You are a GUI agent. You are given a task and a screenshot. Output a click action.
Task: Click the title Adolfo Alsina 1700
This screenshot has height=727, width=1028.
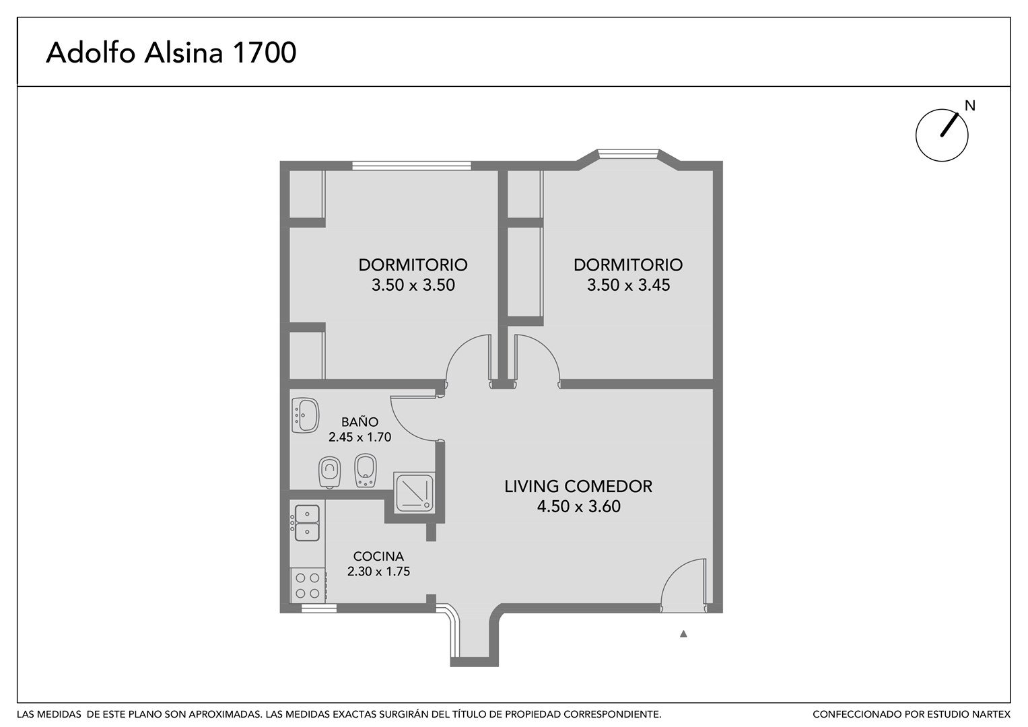tap(171, 53)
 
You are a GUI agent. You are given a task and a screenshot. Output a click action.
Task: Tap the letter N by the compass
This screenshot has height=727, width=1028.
tap(969, 106)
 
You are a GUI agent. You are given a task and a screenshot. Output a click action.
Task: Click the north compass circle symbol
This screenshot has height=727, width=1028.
tap(942, 135)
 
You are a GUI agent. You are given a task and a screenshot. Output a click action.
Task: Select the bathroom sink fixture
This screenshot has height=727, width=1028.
tap(306, 415)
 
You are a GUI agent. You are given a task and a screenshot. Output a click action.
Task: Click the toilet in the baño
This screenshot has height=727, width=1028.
tap(329, 473)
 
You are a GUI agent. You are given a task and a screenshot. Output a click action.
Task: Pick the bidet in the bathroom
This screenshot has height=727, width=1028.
tap(366, 471)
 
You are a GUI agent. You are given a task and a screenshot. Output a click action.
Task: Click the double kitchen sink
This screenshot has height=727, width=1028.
tap(306, 523)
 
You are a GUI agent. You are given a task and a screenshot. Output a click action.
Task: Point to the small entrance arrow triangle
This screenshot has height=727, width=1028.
tap(683, 634)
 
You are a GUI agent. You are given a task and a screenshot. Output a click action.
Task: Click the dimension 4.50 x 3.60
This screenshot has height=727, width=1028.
tap(579, 506)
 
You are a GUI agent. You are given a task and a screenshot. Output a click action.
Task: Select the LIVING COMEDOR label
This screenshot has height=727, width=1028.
tap(578, 486)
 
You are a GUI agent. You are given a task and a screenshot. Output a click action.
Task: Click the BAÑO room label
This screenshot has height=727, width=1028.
tap(359, 421)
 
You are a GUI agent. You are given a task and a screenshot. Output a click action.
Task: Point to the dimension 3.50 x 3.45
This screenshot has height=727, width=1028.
tap(628, 285)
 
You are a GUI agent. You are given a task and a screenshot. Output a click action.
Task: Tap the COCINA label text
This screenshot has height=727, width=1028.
tap(378, 556)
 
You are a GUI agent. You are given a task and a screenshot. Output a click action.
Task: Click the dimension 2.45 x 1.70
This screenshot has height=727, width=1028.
tap(359, 437)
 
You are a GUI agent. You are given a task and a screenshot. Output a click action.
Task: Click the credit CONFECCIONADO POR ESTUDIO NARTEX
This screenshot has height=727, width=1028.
tap(912, 714)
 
